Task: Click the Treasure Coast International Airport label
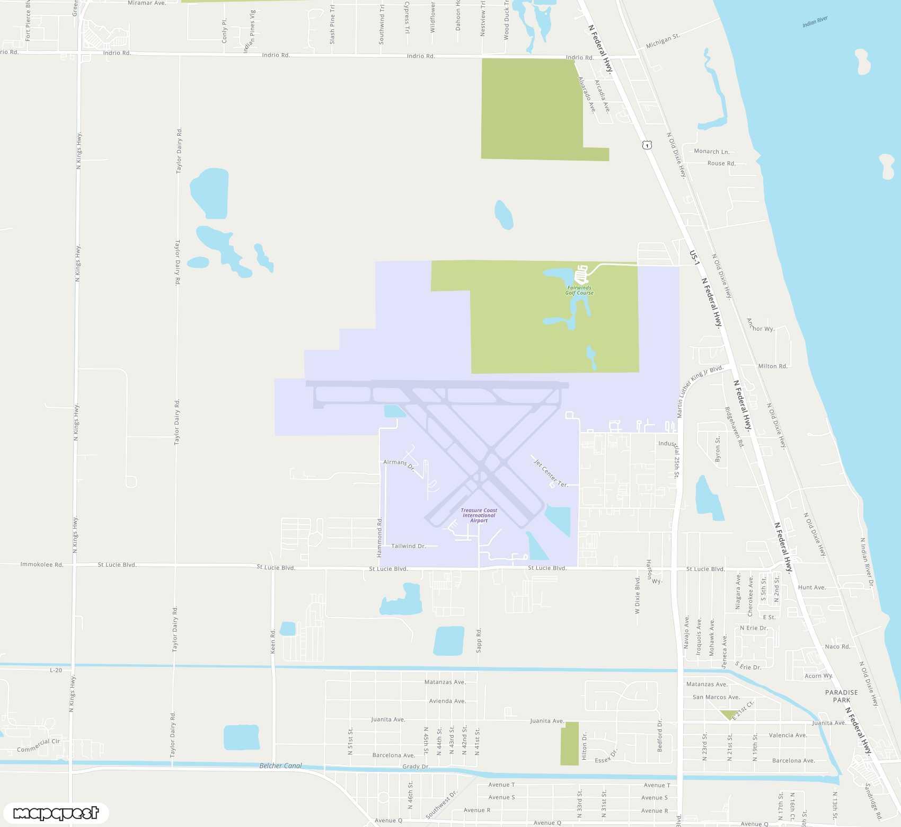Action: click(x=479, y=515)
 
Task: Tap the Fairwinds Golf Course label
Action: click(x=579, y=290)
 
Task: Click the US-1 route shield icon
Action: click(x=647, y=145)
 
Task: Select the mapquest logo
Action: click(x=56, y=813)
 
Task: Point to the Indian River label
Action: click(x=815, y=22)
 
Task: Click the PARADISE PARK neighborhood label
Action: click(x=841, y=696)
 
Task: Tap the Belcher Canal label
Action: click(x=280, y=766)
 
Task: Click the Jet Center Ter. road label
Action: click(x=551, y=473)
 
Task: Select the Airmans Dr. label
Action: click(x=399, y=464)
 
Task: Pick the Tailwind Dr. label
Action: click(x=408, y=546)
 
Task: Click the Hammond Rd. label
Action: click(x=379, y=537)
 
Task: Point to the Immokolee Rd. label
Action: click(x=42, y=565)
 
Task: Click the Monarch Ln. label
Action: click(x=711, y=152)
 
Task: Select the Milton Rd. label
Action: click(x=772, y=366)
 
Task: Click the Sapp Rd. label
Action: click(x=479, y=640)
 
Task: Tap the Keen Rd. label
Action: click(x=273, y=641)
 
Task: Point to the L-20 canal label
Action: click(x=56, y=670)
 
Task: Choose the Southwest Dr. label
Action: click(x=441, y=805)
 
